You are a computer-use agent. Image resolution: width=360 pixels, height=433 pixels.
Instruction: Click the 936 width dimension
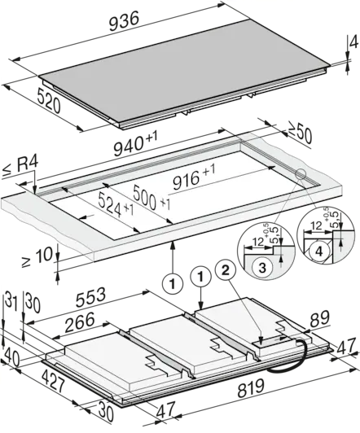(124, 22)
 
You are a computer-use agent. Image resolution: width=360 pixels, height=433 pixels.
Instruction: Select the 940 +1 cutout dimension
(136, 143)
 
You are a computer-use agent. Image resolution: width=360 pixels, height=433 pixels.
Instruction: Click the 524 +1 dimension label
(116, 205)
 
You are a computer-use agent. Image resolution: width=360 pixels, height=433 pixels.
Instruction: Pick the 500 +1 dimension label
(151, 198)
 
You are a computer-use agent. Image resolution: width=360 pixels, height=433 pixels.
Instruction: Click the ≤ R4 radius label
(20, 167)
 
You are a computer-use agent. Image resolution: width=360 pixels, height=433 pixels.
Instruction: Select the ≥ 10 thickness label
(37, 256)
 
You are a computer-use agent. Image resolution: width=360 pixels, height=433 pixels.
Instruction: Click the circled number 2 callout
(226, 271)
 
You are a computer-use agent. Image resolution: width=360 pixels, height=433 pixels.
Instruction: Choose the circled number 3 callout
(262, 267)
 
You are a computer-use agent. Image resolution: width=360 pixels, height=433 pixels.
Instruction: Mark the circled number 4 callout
(318, 251)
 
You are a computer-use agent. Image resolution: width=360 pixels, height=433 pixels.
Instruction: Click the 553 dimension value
(91, 297)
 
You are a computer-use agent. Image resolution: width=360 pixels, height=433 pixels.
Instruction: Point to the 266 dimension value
(80, 322)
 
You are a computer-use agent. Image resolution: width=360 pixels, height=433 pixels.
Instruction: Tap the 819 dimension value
(251, 388)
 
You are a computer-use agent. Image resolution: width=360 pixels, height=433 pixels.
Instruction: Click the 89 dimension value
(320, 318)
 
